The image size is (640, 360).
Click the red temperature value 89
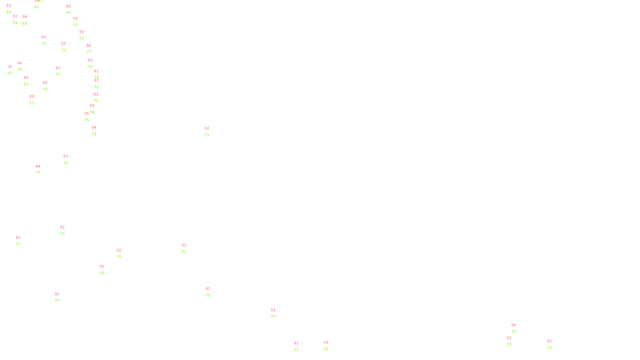(32, 96)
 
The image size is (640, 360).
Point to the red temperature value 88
(26, 78)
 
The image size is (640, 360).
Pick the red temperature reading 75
(102, 267)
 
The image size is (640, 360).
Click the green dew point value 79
(94, 134)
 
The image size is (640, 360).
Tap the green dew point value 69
(26, 84)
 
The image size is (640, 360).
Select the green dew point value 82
(184, 252)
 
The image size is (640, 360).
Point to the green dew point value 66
(9, 12)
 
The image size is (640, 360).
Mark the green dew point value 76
(66, 163)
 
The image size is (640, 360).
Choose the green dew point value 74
(92, 112)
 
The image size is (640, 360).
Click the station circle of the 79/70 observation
(330, 346)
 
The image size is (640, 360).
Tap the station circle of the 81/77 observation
(277, 313)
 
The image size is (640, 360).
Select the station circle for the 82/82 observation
(188, 248)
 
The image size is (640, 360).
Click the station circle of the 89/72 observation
(36, 100)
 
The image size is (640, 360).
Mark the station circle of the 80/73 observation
(86, 35)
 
